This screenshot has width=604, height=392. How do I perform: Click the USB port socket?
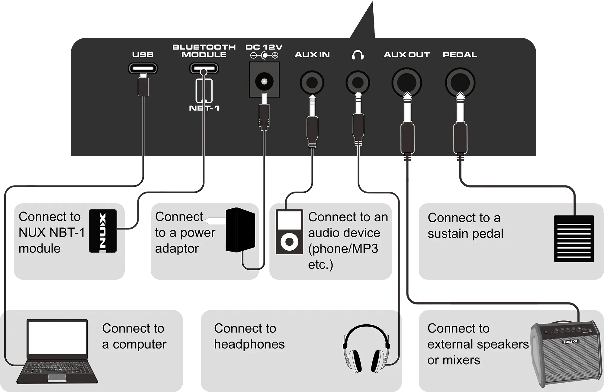pyautogui.click(x=143, y=68)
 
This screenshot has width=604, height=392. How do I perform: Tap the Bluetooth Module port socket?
pyautogui.click(x=204, y=68)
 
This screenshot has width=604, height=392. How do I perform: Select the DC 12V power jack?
pyautogui.click(x=264, y=81)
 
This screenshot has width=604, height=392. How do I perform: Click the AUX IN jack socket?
pyautogui.click(x=312, y=82)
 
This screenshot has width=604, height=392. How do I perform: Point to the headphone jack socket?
pyautogui.click(x=358, y=82)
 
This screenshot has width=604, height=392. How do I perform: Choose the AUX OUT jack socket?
pyautogui.click(x=406, y=82)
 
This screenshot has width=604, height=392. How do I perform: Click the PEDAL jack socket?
pyautogui.click(x=460, y=82)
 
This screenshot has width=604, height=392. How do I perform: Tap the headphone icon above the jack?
pyautogui.click(x=358, y=55)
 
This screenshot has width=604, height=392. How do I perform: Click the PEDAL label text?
pyautogui.click(x=460, y=55)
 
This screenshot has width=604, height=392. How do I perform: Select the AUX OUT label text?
pyautogui.click(x=406, y=55)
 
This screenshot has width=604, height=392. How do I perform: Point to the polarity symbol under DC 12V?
pyautogui.click(x=264, y=56)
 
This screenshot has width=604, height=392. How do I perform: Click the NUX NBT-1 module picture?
pyautogui.click(x=103, y=231)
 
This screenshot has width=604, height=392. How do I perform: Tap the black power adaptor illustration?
pyautogui.click(x=240, y=230)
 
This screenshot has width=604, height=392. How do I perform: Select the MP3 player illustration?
pyautogui.click(x=289, y=232)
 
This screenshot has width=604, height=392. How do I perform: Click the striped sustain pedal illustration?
pyautogui.click(x=574, y=239)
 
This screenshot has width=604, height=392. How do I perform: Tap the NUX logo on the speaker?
pyautogui.click(x=570, y=342)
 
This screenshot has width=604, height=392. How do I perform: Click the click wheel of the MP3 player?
pyautogui.click(x=289, y=242)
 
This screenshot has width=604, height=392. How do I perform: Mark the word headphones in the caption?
pyautogui.click(x=249, y=344)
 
